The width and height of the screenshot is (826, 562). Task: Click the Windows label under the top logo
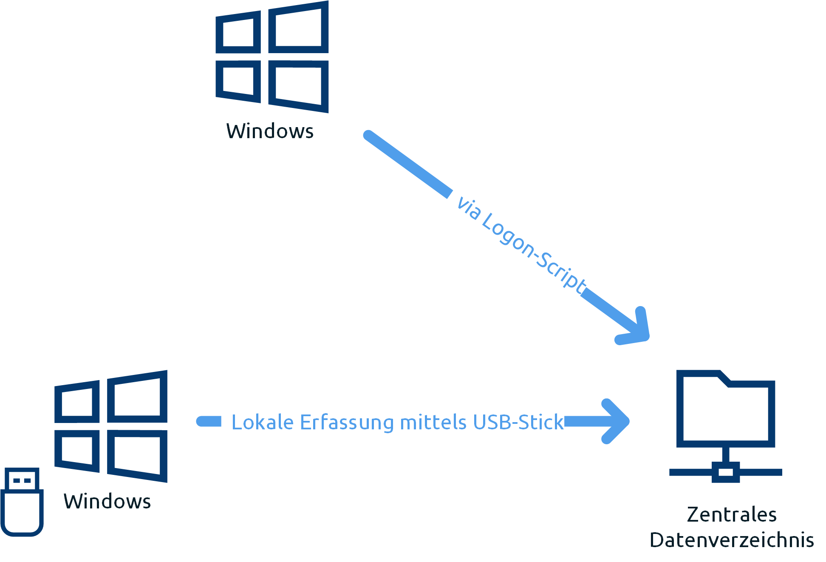point(270,131)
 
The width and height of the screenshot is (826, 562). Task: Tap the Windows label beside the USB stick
point(107,501)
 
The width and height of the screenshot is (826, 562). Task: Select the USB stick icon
point(22,502)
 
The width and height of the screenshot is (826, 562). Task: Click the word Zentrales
point(732,514)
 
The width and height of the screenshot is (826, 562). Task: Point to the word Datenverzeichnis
point(732,540)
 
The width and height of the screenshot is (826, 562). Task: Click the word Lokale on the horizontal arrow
point(263,422)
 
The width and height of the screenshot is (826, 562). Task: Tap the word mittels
point(433,422)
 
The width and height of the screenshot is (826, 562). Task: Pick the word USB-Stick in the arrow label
point(518,422)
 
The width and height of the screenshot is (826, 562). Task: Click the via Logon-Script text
point(521,246)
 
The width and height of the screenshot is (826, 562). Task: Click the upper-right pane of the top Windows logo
point(298,27)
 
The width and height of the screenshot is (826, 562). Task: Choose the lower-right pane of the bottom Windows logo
point(137,456)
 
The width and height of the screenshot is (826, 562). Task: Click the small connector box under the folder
point(726,472)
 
